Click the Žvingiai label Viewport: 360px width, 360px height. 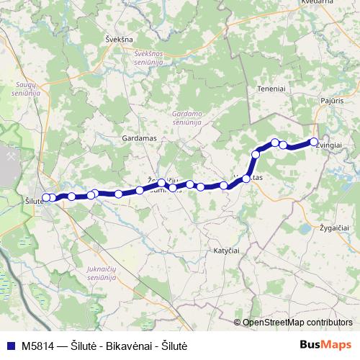328,144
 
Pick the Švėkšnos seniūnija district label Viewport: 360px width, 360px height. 149,58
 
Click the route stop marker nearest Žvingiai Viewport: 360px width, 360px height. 314,142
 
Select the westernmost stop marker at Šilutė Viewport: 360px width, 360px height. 46,197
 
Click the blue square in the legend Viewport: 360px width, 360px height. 9,345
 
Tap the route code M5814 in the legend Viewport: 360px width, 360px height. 39,346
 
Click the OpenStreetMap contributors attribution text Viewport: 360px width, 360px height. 297,323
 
